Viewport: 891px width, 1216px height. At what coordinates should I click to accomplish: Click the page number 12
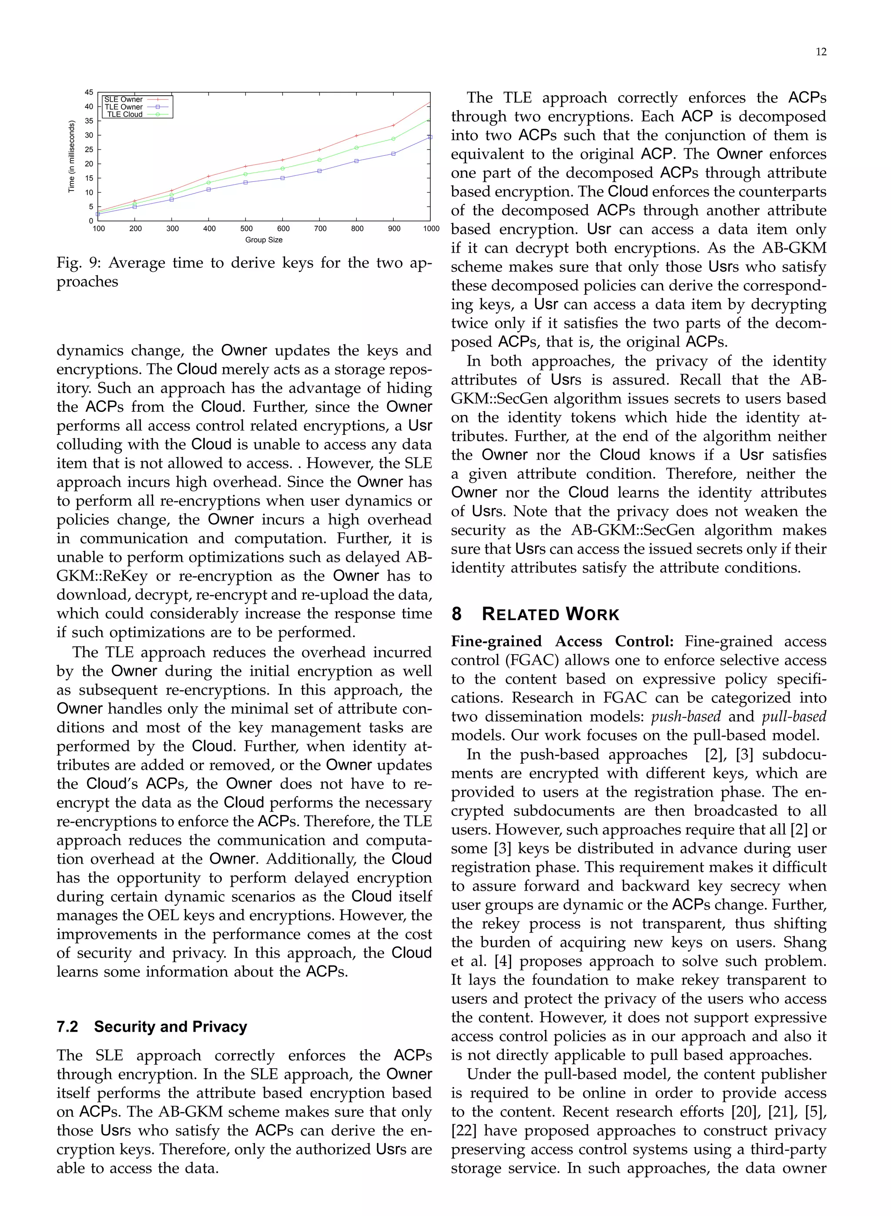(821, 52)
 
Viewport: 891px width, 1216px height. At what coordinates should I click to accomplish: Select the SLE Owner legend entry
(124, 100)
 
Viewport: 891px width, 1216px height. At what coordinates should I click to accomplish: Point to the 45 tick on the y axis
(89, 92)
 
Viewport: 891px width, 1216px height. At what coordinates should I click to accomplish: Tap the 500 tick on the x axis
(247, 228)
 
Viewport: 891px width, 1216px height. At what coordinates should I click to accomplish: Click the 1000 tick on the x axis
(432, 228)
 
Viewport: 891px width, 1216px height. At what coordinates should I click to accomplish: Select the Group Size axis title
(264, 240)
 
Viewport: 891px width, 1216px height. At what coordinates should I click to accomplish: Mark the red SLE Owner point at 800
(356, 135)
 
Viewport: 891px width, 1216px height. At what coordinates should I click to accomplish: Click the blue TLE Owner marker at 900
(393, 154)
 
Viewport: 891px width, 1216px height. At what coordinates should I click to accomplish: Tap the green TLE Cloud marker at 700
(319, 160)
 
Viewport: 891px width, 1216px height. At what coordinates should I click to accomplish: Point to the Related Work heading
(550, 614)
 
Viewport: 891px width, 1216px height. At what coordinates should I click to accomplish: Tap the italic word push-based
(686, 716)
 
